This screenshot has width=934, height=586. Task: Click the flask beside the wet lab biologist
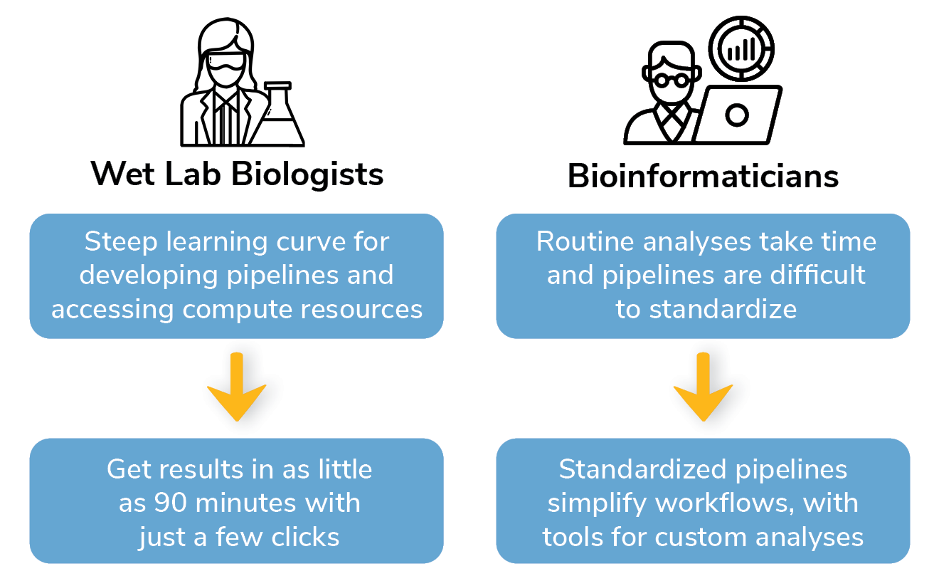coord(282,117)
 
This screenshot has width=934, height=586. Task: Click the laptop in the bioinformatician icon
coord(738,115)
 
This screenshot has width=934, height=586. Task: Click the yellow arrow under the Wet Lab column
coord(236,388)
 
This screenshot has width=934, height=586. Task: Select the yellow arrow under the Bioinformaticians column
coord(703,388)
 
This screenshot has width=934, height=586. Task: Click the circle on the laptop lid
coord(738,115)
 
